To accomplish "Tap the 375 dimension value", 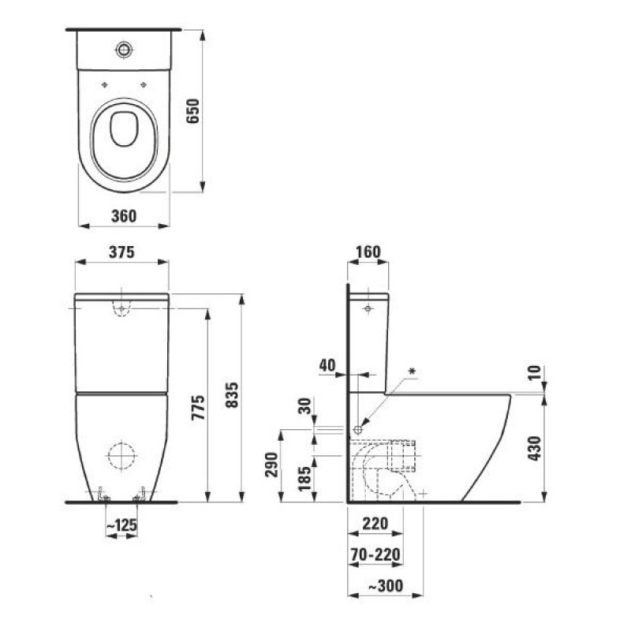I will tap(121, 252).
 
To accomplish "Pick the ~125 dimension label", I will tap(121, 525).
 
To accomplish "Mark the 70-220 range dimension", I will tap(375, 554).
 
